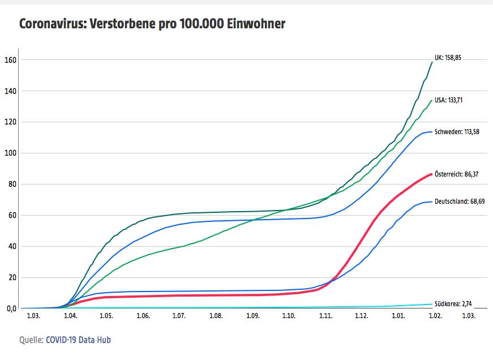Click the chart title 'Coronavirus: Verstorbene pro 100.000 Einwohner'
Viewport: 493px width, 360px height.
pos(152,24)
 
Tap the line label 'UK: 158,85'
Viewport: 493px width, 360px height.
pos(452,58)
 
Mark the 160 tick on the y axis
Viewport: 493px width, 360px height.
pos(10,60)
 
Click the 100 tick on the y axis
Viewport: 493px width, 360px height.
pos(10,153)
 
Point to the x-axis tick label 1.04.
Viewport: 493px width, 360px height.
pos(71,316)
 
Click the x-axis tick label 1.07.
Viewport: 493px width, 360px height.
pos(179,316)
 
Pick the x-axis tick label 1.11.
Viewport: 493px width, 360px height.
pos(325,316)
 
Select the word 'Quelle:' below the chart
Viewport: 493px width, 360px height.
pos(31,340)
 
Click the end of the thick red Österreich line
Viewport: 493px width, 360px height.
pos(431,174)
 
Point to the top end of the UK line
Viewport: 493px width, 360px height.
pos(432,62)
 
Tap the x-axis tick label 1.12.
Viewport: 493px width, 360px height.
pos(361,316)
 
